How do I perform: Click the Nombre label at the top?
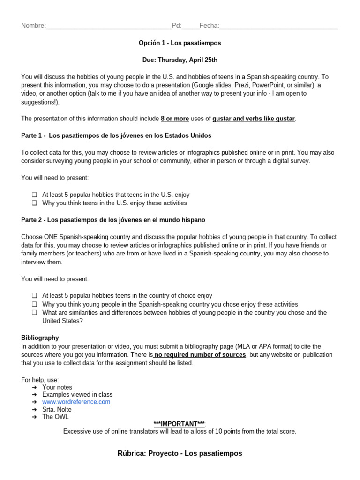[x=33, y=25]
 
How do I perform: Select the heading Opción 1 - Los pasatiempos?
[x=180, y=43]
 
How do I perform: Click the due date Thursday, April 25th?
[x=180, y=60]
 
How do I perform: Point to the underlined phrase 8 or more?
[x=175, y=119]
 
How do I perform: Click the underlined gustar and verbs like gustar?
[x=254, y=119]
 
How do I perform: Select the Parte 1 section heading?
[x=116, y=135]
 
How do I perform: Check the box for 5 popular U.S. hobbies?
[x=35, y=195]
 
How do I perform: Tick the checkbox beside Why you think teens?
[x=35, y=203]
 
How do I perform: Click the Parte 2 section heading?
[x=113, y=220]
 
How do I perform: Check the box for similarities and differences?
[x=35, y=312]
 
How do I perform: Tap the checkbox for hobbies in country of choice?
[x=35, y=296]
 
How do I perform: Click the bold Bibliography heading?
[x=40, y=337]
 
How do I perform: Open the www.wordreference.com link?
[x=76, y=402]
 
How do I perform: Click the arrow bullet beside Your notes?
[x=35, y=387]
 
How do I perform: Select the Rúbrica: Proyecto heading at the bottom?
[x=180, y=453]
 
